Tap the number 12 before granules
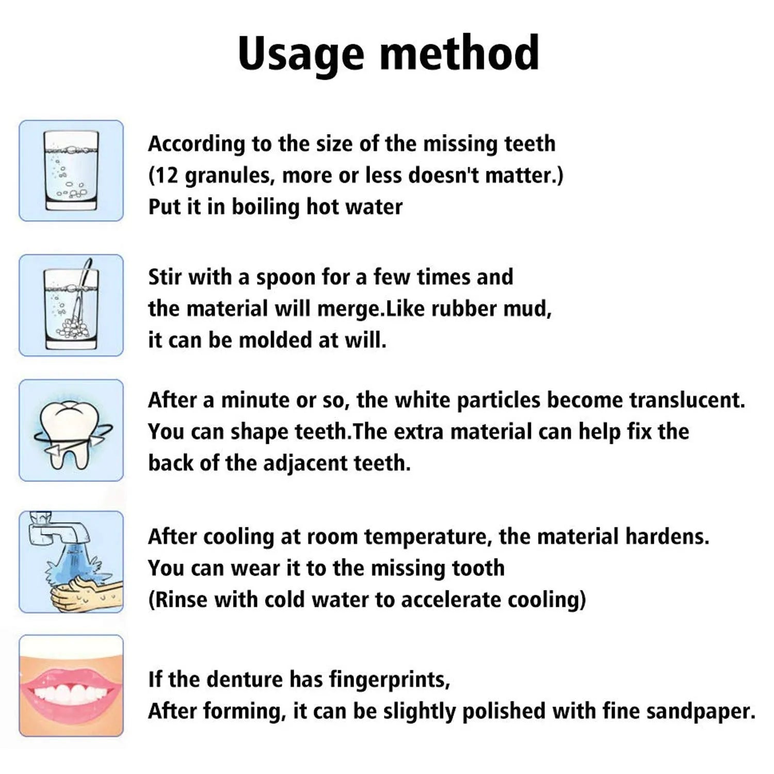tap(166, 176)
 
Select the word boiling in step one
tap(265, 207)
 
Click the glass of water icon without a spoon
tap(71, 171)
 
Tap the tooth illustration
tap(71, 430)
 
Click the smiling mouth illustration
tap(71, 686)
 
